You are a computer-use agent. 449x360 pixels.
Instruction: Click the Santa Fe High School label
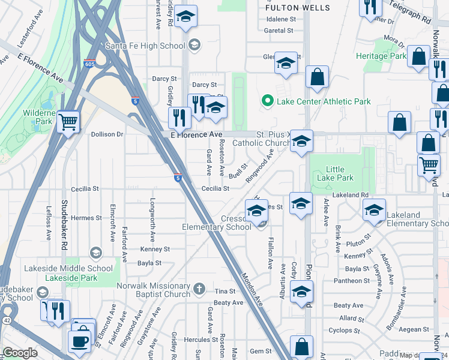click(145, 46)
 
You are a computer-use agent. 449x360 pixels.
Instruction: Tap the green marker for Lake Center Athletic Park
click(268, 101)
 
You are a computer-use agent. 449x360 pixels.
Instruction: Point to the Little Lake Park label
click(340, 173)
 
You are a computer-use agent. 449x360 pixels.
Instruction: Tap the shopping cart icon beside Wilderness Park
click(68, 122)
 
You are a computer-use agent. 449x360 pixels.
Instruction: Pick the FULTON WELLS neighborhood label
click(298, 8)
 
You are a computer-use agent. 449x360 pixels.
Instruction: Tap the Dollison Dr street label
click(107, 134)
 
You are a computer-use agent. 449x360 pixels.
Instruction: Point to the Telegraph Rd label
click(410, 11)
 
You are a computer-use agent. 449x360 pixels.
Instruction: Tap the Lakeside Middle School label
click(79, 268)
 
